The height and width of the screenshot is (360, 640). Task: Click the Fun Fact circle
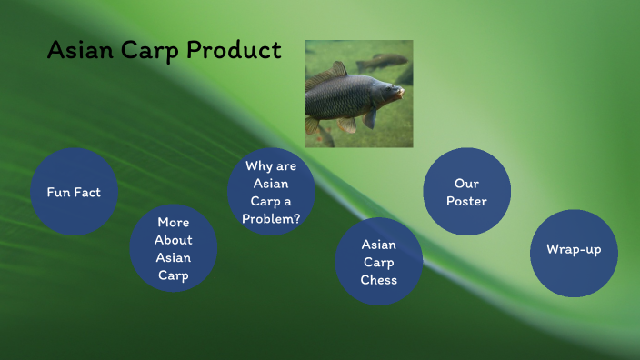click(x=74, y=192)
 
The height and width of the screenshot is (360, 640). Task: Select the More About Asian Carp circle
click(x=174, y=248)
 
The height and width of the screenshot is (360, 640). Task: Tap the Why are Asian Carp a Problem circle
click(x=271, y=192)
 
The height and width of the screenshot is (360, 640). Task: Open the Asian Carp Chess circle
click(x=379, y=262)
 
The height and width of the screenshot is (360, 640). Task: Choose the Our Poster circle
click(x=467, y=192)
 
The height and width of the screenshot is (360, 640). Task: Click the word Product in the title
click(x=235, y=51)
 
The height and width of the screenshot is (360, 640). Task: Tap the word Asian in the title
click(x=79, y=50)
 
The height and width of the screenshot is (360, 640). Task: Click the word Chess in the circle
click(x=379, y=280)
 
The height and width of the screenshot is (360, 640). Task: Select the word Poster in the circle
click(x=466, y=201)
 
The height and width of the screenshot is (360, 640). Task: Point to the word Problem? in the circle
click(x=271, y=219)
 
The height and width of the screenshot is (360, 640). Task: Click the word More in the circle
click(x=173, y=222)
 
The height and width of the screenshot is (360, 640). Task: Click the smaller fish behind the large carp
click(x=382, y=62)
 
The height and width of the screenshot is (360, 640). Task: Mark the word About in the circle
click(x=173, y=240)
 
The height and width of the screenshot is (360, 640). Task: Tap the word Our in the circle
click(x=466, y=183)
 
